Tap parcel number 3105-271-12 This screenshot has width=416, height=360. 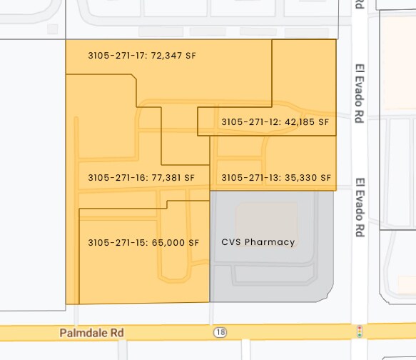(250, 121)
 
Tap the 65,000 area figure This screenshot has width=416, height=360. (168, 243)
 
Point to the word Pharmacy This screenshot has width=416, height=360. (270, 242)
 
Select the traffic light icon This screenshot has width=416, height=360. (360, 332)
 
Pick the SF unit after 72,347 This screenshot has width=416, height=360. (191, 55)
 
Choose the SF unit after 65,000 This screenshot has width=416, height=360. (193, 243)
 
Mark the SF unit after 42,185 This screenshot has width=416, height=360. (325, 121)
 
